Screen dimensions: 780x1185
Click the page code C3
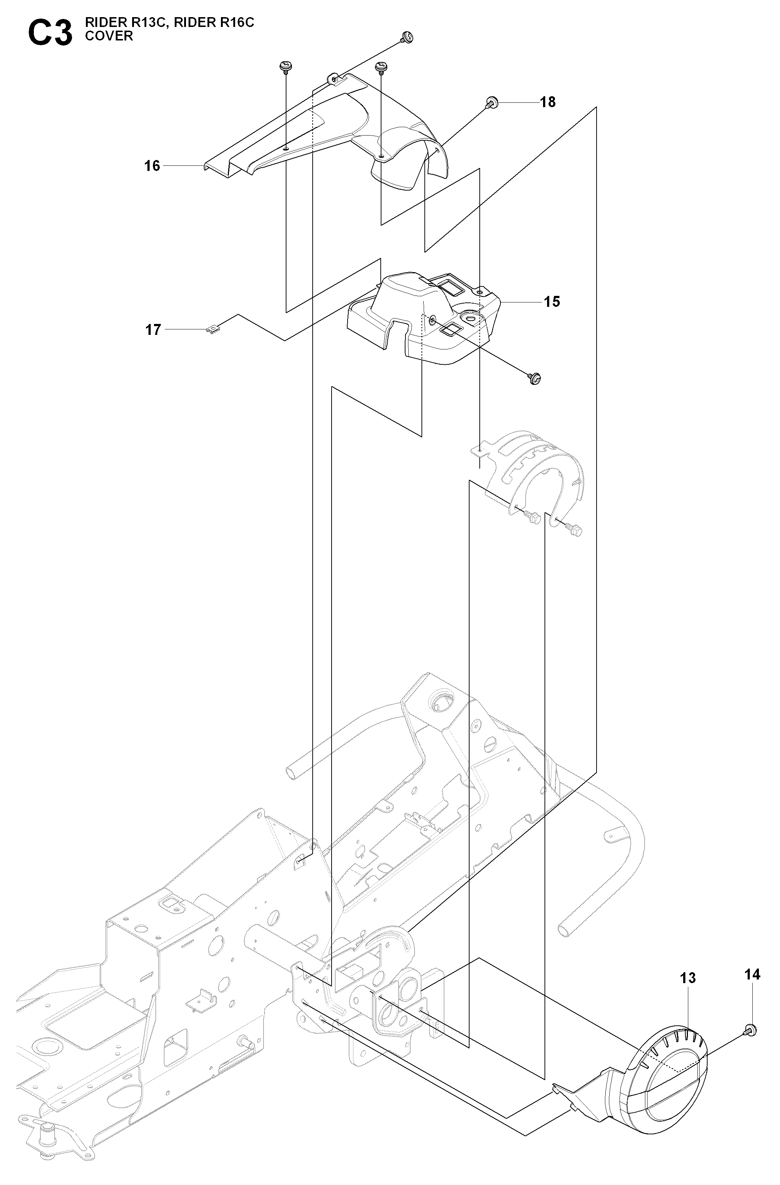click(50, 34)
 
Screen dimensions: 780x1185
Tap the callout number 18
click(548, 102)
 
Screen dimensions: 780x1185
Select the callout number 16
click(152, 165)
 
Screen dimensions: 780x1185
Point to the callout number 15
click(552, 302)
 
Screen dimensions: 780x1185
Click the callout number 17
click(153, 330)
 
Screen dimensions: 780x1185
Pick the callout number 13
click(688, 978)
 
